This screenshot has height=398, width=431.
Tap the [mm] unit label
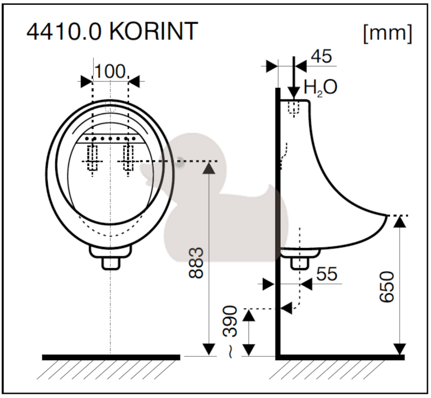click(387, 33)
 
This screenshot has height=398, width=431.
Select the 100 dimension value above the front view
click(110, 71)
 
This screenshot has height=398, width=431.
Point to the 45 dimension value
click(321, 56)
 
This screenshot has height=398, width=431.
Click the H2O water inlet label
click(320, 87)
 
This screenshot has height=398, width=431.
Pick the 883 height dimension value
click(196, 263)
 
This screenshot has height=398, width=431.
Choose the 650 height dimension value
click(387, 287)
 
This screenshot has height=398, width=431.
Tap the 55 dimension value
click(326, 274)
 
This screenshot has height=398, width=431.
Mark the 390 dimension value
click(230, 321)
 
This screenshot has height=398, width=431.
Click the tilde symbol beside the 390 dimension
click(230, 352)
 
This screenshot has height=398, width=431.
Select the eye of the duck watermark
click(180, 162)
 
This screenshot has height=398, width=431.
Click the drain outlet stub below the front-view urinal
click(110, 264)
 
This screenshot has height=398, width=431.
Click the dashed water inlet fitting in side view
click(294, 109)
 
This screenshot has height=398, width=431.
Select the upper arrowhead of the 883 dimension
click(209, 168)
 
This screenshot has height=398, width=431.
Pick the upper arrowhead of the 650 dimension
click(399, 222)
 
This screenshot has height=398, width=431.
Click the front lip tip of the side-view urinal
click(387, 215)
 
